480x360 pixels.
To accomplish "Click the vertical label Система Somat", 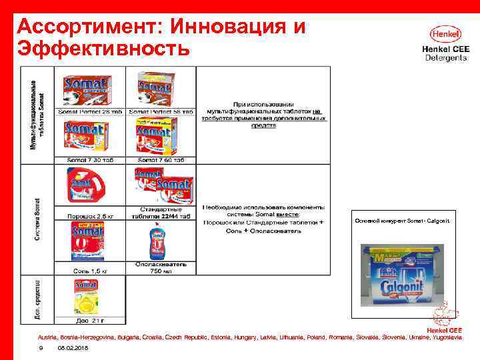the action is pyautogui.click(x=38, y=219).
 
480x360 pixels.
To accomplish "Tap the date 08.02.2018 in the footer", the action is pyautogui.click(x=73, y=349).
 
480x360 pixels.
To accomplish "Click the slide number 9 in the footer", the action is pyautogui.click(x=41, y=349).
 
